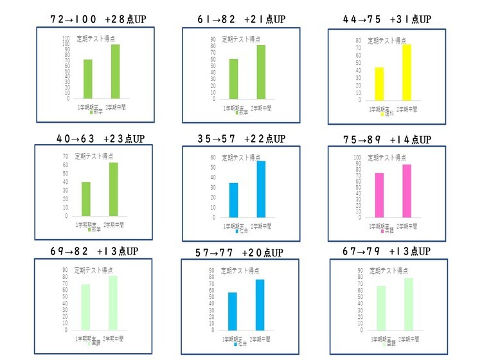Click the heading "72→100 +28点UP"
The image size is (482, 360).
[x=98, y=19]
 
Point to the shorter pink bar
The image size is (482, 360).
[x=380, y=195]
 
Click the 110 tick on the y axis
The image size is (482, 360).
[x=66, y=39]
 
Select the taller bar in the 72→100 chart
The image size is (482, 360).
[x=115, y=71]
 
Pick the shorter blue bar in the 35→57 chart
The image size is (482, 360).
[x=233, y=200]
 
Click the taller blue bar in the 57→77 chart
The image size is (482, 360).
[x=259, y=304]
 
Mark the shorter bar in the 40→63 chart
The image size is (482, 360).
[x=86, y=199]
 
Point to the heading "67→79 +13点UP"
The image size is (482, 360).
[x=387, y=251]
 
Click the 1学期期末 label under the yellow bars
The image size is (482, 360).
[x=379, y=109]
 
